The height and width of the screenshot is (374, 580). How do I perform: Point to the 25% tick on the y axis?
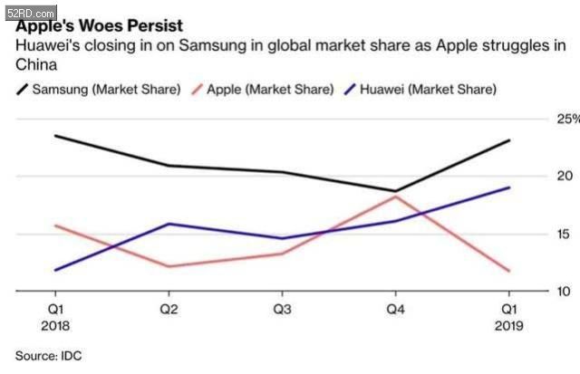pos(567,120)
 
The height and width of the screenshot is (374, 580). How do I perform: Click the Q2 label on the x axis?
pos(169,309)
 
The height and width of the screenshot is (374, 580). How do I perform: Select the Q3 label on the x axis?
pos(282,309)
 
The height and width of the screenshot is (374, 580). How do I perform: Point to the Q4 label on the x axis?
pos(395,309)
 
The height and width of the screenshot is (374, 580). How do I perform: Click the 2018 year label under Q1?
pos(55,325)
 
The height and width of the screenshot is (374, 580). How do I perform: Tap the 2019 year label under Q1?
pos(508,325)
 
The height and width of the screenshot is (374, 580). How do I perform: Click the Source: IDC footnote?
pos(48,355)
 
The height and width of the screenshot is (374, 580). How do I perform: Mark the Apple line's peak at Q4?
pos(395,197)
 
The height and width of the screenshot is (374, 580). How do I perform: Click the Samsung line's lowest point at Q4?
pos(395,191)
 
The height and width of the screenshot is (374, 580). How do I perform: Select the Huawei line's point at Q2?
pos(169,224)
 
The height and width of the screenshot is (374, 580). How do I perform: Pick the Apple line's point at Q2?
pos(169,266)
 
